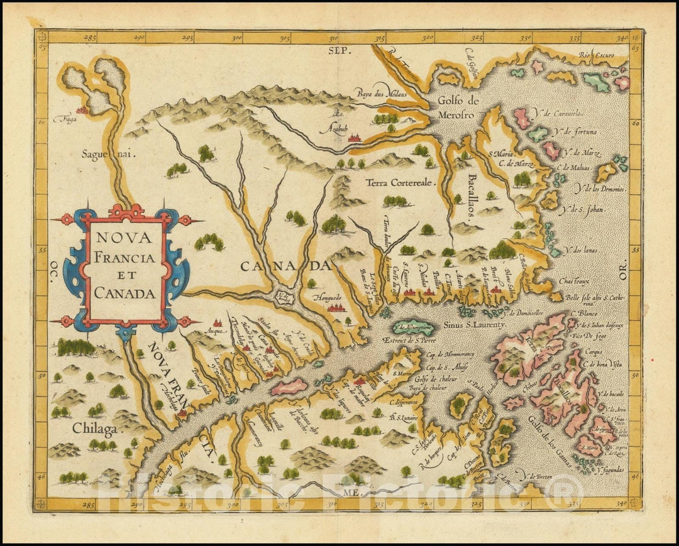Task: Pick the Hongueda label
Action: [x=327, y=294]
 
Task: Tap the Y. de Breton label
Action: [x=538, y=477]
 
